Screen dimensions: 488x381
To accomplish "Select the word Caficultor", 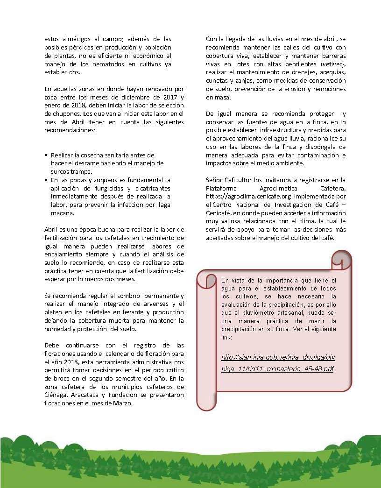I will click(240, 180).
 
